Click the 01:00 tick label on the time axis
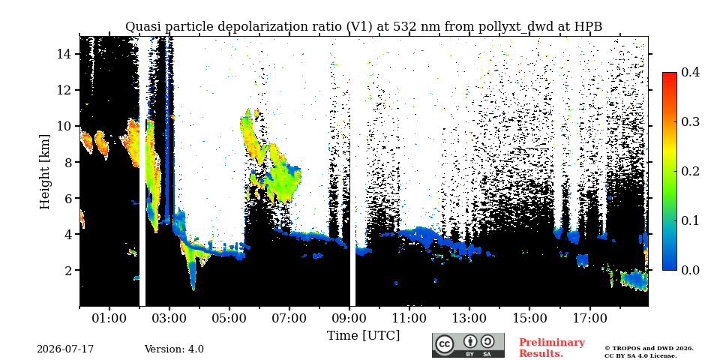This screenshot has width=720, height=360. [x=109, y=318]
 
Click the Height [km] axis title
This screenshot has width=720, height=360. [x=44, y=172]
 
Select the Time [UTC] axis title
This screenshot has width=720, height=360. [x=363, y=335]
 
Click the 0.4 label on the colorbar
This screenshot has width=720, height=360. [x=690, y=72]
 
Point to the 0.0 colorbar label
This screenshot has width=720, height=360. [x=690, y=270]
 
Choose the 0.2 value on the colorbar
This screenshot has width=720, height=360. [x=690, y=171]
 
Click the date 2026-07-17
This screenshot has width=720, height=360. [x=65, y=349]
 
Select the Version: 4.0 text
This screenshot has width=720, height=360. [x=174, y=349]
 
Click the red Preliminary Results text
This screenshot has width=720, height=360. [x=552, y=347]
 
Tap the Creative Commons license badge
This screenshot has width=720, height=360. [x=468, y=345]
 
